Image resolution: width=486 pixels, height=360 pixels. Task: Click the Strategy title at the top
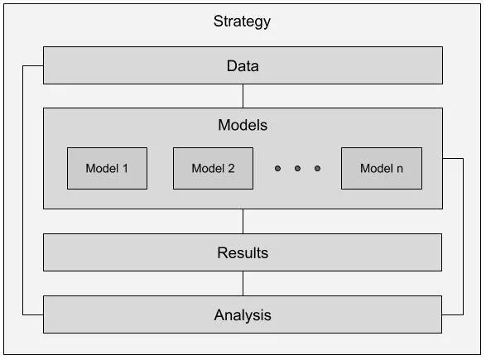pyautogui.click(x=242, y=22)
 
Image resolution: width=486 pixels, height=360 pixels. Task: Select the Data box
pyautogui.click(x=242, y=65)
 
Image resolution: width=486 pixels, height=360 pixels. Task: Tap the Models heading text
pyautogui.click(x=242, y=126)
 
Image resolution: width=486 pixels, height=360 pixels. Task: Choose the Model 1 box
pyautogui.click(x=107, y=168)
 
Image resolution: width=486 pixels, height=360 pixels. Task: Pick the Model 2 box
pyautogui.click(x=213, y=168)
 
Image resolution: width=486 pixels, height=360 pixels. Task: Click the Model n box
pyautogui.click(x=381, y=168)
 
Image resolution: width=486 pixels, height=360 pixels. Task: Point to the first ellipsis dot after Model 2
pyautogui.click(x=277, y=169)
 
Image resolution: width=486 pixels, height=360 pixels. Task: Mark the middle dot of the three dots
pyautogui.click(x=297, y=169)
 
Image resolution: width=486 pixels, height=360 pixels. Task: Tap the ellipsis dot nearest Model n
pyautogui.click(x=317, y=169)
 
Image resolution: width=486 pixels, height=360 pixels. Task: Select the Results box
pyautogui.click(x=242, y=252)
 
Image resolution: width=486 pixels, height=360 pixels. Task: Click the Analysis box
pyautogui.click(x=242, y=314)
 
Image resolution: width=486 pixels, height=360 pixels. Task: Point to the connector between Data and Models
pyautogui.click(x=243, y=95)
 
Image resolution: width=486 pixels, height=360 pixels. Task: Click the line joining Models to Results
pyautogui.click(x=243, y=221)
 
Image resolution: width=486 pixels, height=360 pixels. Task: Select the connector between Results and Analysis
pyautogui.click(x=243, y=283)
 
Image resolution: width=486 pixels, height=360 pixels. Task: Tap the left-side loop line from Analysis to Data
pyautogui.click(x=24, y=190)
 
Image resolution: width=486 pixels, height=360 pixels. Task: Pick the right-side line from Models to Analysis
pyautogui.click(x=462, y=236)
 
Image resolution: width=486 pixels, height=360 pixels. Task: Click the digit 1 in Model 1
pyautogui.click(x=125, y=169)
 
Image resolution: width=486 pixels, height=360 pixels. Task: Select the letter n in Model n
pyautogui.click(x=399, y=169)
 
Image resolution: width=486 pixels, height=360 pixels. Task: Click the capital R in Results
pyautogui.click(x=222, y=253)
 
